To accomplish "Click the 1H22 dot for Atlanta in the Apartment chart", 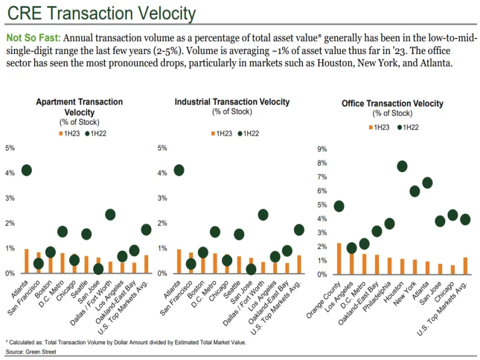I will coord(26,170).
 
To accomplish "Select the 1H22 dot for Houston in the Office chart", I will coord(402,166).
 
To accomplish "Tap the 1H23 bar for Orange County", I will coord(339,258).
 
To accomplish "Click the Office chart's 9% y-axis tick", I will coord(322,149).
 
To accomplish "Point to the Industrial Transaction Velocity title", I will coord(232,102).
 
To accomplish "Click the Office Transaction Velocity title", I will coord(392,103).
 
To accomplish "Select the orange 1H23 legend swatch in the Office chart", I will coord(370,127).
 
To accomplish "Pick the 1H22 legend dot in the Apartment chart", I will coord(88,133).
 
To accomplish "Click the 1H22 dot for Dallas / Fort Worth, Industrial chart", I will coord(263,214).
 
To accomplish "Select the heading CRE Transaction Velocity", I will coord(101,13).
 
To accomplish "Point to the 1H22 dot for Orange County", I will coord(339,206).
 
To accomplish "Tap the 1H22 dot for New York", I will coord(415,191).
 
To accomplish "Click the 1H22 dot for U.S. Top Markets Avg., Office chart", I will coord(466,219).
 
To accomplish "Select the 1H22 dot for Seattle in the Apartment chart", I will coord(86,234).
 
